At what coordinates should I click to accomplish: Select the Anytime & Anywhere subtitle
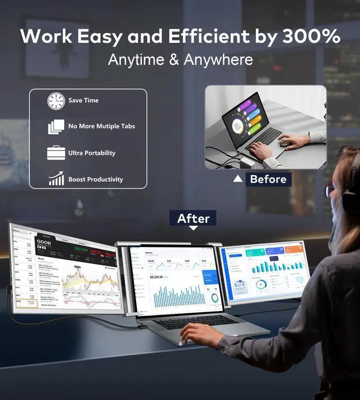180,60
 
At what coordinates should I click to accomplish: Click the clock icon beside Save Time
56,101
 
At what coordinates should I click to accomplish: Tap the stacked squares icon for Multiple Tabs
56,127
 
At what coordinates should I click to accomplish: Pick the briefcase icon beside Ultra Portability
56,153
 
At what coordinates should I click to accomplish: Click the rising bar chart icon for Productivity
56,179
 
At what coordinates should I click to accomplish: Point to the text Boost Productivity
96,179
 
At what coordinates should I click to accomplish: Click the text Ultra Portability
92,153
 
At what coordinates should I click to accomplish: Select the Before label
268,179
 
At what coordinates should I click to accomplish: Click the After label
193,218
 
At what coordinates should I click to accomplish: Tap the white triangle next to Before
238,179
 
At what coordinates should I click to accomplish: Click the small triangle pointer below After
193,228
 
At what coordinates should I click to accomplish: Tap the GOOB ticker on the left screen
44,242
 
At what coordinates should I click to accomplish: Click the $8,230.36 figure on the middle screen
156,277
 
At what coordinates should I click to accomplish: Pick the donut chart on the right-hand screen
260,285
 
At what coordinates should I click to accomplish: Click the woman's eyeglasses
330,190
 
